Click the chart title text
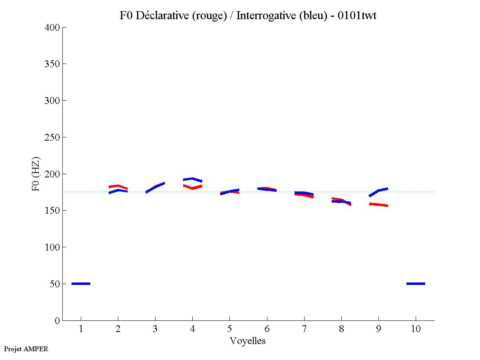click(248, 16)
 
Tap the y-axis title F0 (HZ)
click(36, 174)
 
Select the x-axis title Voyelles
click(248, 341)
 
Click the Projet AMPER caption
click(26, 349)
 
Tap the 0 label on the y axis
click(58, 320)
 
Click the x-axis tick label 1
click(81, 330)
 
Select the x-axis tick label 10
click(416, 330)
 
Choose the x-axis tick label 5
click(229, 330)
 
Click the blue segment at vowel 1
click(81, 284)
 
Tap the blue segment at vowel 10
click(416, 284)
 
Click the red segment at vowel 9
click(378, 205)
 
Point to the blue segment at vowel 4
click(193, 179)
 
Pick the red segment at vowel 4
click(193, 187)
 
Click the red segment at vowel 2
click(118, 186)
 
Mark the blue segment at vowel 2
click(118, 191)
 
